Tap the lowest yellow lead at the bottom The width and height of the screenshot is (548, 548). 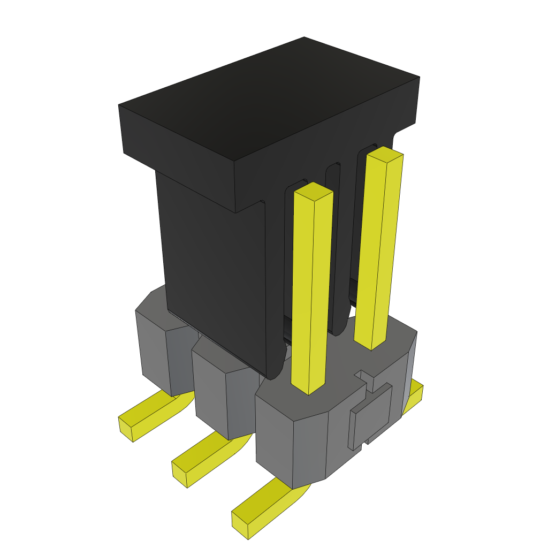[268, 506]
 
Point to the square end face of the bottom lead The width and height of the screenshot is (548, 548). [240, 526]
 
